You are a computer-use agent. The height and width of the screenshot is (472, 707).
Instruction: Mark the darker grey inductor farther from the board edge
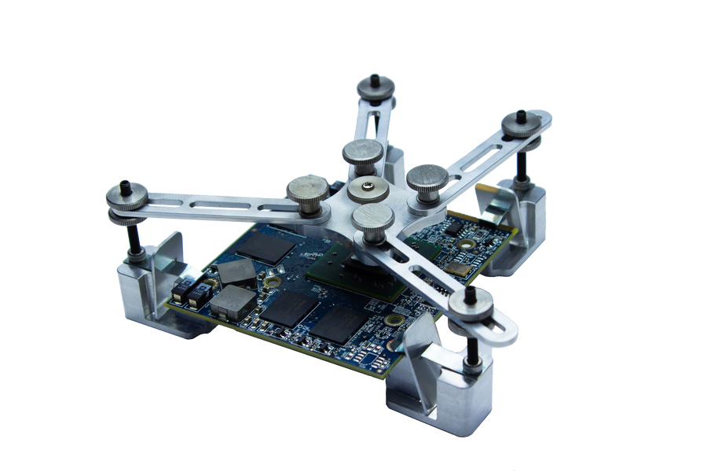click(233, 272)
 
